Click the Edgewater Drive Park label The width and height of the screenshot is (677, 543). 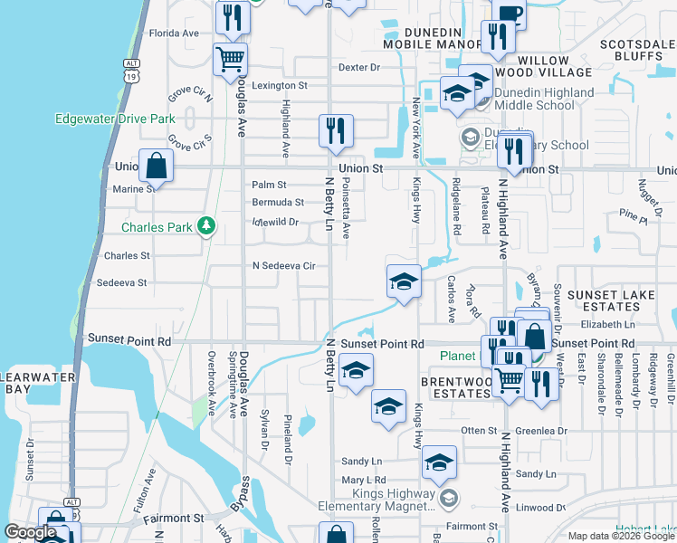pos(115,119)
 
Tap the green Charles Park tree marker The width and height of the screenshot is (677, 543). pos(207,225)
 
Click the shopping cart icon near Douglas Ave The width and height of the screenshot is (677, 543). pos(230,61)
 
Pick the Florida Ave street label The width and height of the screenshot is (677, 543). pos(174,33)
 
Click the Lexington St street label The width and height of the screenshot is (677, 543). pos(280,85)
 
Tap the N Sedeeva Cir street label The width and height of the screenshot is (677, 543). pos(283,266)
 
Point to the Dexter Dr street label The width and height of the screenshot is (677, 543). pos(359,67)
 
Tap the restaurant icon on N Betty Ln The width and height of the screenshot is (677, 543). pos(336,132)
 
